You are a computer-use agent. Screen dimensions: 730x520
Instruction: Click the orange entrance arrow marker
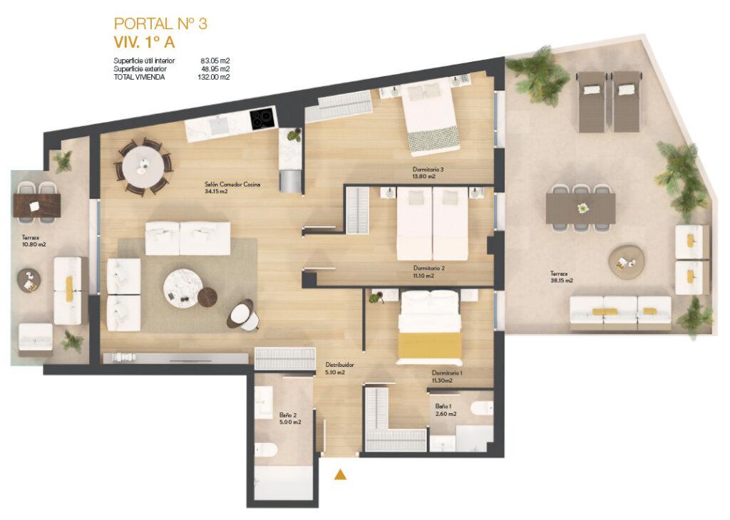click(x=340, y=474)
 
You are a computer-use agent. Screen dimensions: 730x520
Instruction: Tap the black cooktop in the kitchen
click(x=263, y=119)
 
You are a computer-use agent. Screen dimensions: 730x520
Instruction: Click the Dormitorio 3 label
click(x=428, y=173)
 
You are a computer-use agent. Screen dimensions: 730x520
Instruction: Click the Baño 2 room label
click(x=290, y=419)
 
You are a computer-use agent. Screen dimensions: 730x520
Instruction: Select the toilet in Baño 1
click(x=482, y=408)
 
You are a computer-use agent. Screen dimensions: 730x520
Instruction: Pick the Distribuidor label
click(x=339, y=368)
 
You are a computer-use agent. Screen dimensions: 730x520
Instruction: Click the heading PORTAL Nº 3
click(x=160, y=24)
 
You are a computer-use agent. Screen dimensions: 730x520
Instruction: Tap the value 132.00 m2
click(x=213, y=77)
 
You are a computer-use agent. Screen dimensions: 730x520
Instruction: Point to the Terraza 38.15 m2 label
click(x=561, y=277)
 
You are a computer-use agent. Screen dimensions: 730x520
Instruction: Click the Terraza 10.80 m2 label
click(x=34, y=241)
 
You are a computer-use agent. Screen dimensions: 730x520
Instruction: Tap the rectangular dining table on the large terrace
click(x=580, y=208)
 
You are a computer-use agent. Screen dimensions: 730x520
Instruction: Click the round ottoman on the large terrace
click(x=626, y=262)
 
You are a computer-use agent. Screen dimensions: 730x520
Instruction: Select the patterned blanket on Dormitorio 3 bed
click(x=433, y=140)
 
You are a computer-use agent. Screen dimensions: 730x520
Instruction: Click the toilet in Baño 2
click(x=266, y=449)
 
